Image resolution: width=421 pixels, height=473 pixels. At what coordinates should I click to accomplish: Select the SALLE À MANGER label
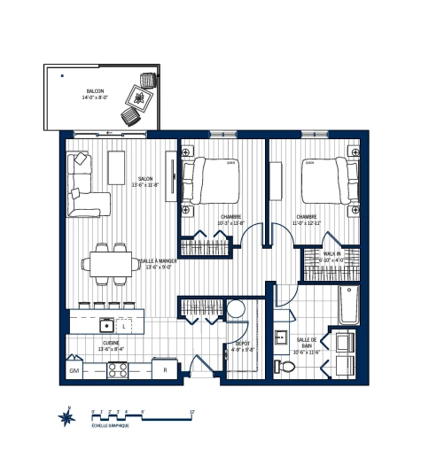[x=159, y=263]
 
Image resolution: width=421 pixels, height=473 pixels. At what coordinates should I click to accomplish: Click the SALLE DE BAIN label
[x=308, y=343]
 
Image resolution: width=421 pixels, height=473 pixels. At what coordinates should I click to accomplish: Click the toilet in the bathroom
[x=285, y=366]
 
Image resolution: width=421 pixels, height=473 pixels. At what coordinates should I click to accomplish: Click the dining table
[x=112, y=262]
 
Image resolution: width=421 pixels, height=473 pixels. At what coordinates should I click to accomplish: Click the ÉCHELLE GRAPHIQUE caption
[x=110, y=426]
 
